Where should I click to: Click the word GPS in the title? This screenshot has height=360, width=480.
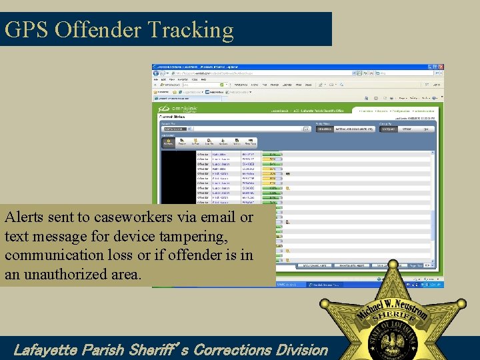27,30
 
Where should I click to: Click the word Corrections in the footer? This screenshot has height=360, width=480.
230,349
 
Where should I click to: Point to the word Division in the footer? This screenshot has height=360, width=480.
299,349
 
